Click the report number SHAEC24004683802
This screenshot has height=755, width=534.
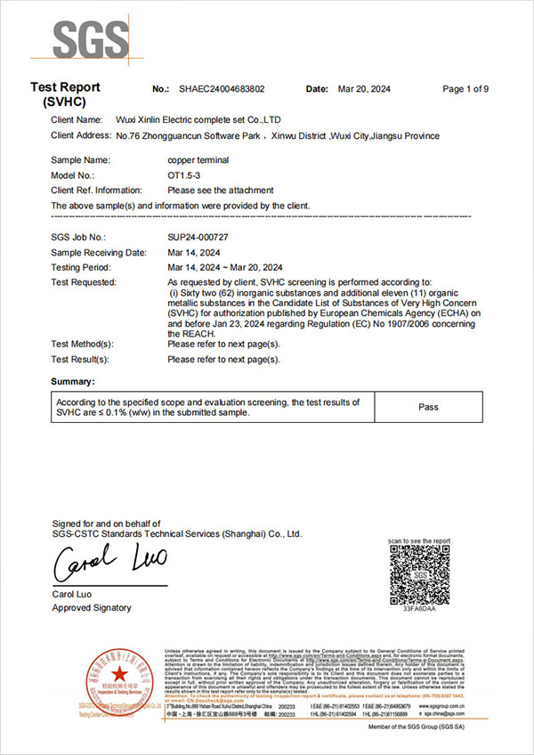pos(222,89)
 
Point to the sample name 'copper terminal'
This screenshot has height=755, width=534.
pos(198,160)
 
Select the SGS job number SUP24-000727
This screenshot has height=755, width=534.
pos(198,238)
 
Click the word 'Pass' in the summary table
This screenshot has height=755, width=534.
pos(428,407)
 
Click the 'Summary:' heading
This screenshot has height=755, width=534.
pos(73,381)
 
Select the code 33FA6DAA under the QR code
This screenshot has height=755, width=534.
pos(419,611)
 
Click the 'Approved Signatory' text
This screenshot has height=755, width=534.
pos(91,607)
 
